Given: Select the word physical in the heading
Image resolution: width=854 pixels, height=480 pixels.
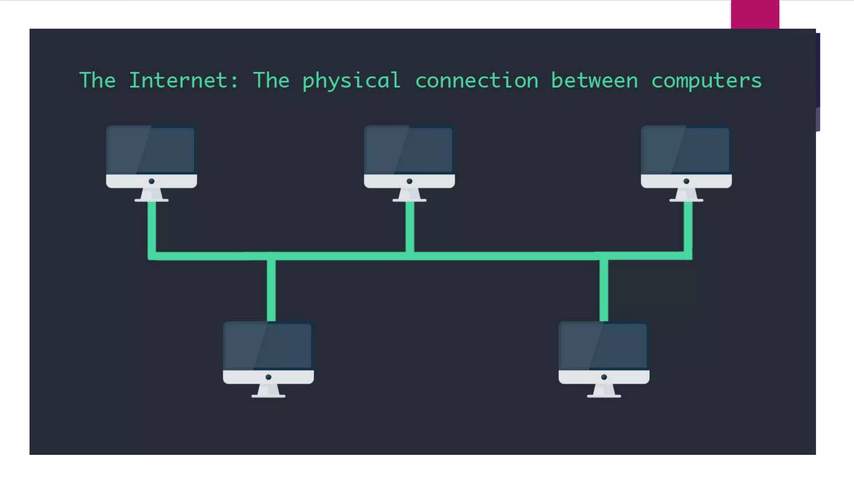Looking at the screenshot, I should coord(351,81).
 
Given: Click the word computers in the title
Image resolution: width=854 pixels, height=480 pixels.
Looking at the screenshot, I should coord(706,81).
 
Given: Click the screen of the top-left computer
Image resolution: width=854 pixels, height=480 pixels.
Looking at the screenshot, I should coord(151,150).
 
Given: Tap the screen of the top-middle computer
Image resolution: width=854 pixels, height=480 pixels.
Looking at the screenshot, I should coord(409,150).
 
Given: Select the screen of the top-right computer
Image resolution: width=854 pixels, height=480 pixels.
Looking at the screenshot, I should coord(686,150).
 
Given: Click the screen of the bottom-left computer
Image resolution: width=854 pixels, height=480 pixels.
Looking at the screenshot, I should coord(268,346).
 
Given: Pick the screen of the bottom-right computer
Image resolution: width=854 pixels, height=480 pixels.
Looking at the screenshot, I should coord(604,346).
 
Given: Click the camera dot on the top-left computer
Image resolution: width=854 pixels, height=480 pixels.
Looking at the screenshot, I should coord(152,181).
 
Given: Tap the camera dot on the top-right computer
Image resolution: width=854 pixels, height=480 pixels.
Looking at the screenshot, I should coord(686,181).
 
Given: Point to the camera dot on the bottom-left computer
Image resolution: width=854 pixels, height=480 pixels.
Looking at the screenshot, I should coord(269,377).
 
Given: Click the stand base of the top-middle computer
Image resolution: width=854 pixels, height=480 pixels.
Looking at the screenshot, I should coord(409,200).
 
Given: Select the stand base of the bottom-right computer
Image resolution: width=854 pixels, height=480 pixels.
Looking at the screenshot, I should coord(604,396).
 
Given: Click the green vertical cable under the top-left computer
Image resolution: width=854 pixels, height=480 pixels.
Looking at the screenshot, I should coord(152,227).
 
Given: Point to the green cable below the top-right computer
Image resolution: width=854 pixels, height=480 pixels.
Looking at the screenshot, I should coord(688,227).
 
